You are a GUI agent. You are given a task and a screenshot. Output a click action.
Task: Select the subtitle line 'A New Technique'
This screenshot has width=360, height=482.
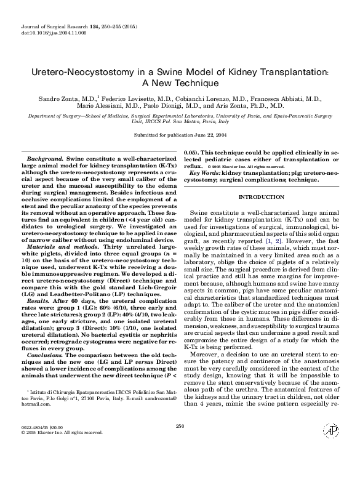pyautogui.click(x=180, y=84)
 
